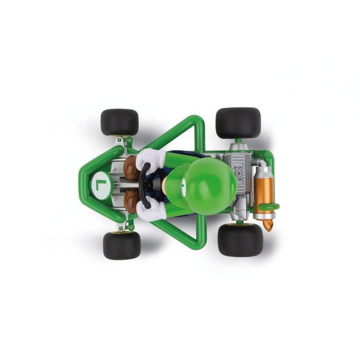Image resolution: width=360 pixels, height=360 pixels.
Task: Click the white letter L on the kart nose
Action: coord(100,183)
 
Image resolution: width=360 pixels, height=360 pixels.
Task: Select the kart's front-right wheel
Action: coord(119,122)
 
